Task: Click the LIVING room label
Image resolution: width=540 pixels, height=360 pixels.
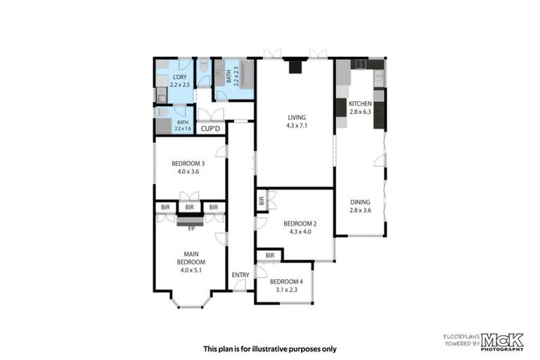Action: point(295,117)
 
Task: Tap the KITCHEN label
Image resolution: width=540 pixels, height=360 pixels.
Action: point(359,103)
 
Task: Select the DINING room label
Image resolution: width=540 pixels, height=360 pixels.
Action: point(360,202)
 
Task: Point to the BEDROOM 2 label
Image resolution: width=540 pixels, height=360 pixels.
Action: point(300,224)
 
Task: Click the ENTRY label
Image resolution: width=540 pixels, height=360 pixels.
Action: point(240,275)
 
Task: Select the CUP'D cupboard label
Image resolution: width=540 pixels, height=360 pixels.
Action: point(211,129)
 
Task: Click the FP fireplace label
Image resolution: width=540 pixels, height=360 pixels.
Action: point(190,229)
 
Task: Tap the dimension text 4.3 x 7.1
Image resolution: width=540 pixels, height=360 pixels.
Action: point(295,126)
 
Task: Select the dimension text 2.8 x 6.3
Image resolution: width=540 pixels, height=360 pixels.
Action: point(359,111)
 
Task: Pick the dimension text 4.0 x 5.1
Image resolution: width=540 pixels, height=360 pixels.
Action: point(190,270)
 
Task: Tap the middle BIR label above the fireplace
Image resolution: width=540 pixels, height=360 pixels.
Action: point(189,207)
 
